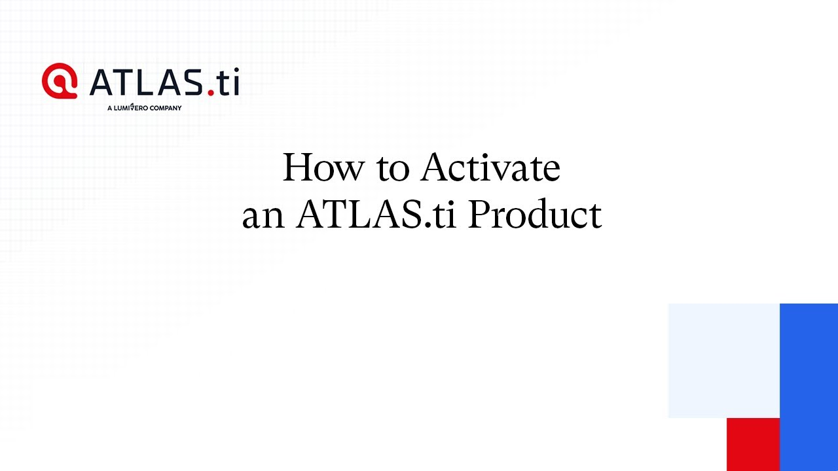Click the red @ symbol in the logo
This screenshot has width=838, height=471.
[x=60, y=80]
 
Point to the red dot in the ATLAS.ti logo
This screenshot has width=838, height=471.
[x=211, y=92]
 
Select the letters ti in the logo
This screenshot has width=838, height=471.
[x=228, y=81]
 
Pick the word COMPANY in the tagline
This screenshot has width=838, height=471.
[x=166, y=108]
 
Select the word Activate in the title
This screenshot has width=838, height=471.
[x=491, y=167]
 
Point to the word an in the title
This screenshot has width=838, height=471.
[x=263, y=218]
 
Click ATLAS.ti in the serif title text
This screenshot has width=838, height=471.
[x=376, y=214]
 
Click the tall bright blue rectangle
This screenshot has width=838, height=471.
[x=809, y=387]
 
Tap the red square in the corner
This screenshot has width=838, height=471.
[x=753, y=444]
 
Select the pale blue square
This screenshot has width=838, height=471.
[x=724, y=360]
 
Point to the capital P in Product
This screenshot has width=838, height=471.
[x=480, y=214]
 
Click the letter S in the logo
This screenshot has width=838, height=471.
[x=193, y=82]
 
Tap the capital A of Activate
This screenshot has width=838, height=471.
[x=436, y=167]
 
